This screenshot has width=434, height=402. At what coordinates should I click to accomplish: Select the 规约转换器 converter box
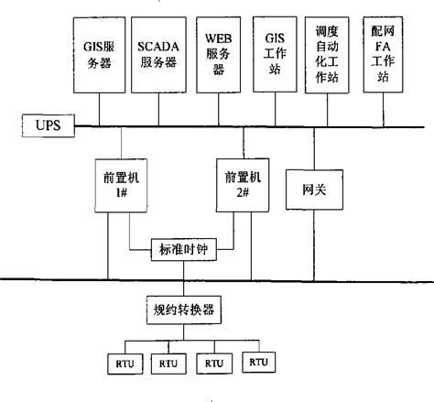point(184,309)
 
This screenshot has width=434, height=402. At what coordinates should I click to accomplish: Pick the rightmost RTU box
point(259,363)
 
